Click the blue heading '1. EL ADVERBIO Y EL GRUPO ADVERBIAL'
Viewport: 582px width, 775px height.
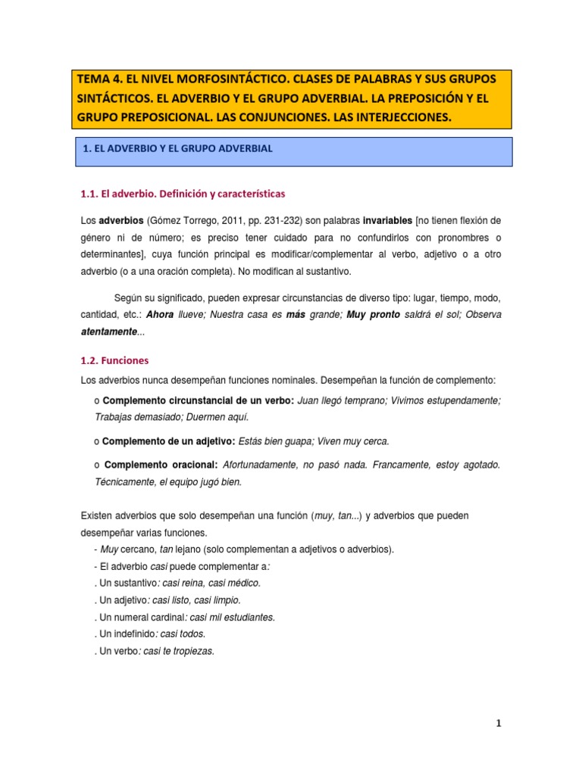pyautogui.click(x=177, y=149)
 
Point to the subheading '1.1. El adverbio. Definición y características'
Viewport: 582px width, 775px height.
pyautogui.click(x=182, y=195)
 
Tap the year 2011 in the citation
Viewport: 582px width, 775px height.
pyautogui.click(x=243, y=220)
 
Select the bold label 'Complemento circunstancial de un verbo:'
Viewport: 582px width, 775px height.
pyautogui.click(x=199, y=400)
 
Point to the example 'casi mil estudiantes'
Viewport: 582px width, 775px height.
pyautogui.click(x=238, y=617)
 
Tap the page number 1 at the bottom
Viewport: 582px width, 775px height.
pyautogui.click(x=499, y=724)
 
